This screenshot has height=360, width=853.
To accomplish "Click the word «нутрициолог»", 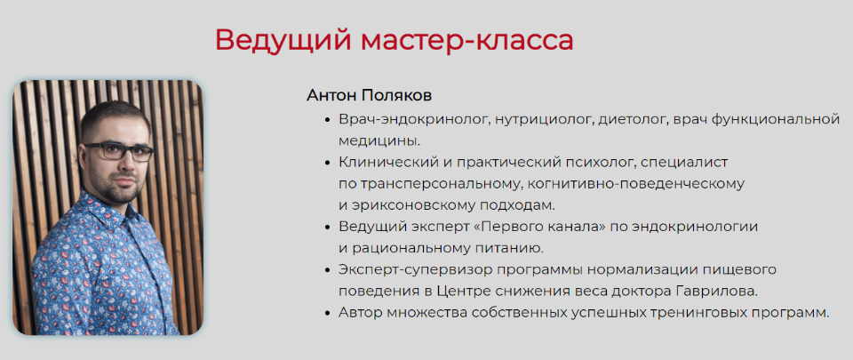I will coord(544,118).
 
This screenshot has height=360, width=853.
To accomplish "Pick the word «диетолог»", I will coord(633,118).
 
